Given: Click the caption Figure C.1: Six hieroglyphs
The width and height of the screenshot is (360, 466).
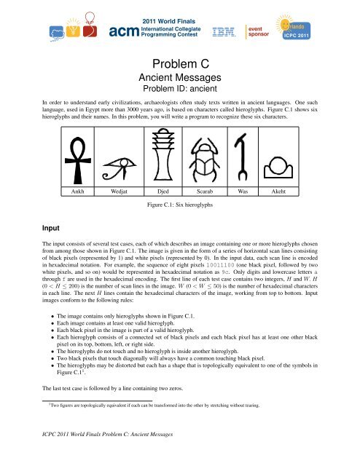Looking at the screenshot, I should pyautogui.click(x=180, y=206).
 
